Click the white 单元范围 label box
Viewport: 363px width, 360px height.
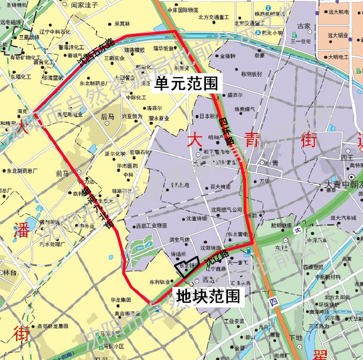click(x=187, y=83)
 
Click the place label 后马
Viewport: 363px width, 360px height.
click(x=108, y=117)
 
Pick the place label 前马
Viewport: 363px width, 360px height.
click(x=62, y=173)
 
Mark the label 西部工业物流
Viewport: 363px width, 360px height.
click(x=151, y=226)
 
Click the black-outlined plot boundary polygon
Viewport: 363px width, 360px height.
click(x=188, y=265)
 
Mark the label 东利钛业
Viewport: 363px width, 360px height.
click(x=159, y=281)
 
